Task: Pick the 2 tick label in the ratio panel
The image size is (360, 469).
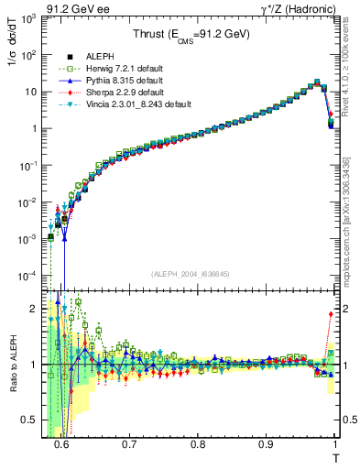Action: (x=37, y=307)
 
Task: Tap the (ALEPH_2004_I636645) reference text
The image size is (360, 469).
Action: (x=191, y=273)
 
